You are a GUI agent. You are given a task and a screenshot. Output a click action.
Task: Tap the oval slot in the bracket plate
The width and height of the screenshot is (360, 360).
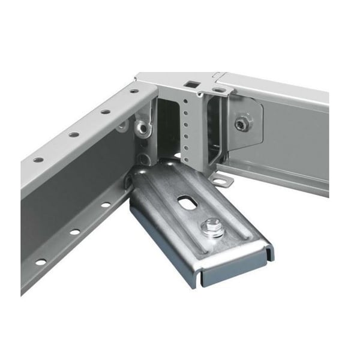185,204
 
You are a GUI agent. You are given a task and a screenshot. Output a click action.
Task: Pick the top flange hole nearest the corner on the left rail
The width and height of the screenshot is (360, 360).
134,92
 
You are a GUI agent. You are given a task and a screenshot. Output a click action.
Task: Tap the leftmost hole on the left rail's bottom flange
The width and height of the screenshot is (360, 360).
40,262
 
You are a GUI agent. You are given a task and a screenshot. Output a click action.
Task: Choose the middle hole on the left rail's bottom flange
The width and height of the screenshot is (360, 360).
75,232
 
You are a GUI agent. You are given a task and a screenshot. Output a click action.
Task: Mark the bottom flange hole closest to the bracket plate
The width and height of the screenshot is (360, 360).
106,205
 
